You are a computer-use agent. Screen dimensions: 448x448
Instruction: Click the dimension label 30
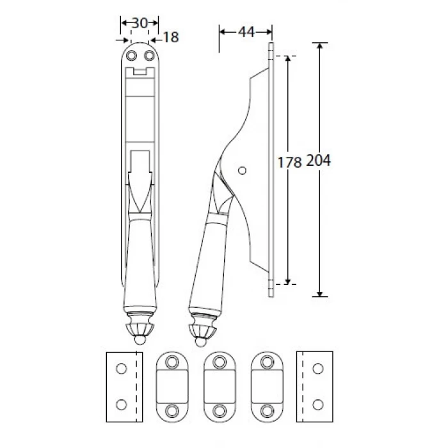[x=140, y=23]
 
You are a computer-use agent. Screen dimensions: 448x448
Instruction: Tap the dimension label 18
[x=171, y=37]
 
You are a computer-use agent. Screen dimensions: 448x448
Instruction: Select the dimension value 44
[x=246, y=32]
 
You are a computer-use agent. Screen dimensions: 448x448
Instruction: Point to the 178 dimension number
[x=289, y=163]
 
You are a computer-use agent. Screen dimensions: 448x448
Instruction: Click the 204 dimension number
[x=318, y=160]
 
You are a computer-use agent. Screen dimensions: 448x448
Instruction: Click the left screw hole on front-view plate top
[x=131, y=56]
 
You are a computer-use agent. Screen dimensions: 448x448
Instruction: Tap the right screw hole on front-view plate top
[x=149, y=56]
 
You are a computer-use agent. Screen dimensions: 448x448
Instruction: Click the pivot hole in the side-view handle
[x=242, y=171]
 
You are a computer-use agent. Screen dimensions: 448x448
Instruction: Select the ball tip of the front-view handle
[x=140, y=340]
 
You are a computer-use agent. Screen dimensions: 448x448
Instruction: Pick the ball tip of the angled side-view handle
[x=200, y=342]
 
